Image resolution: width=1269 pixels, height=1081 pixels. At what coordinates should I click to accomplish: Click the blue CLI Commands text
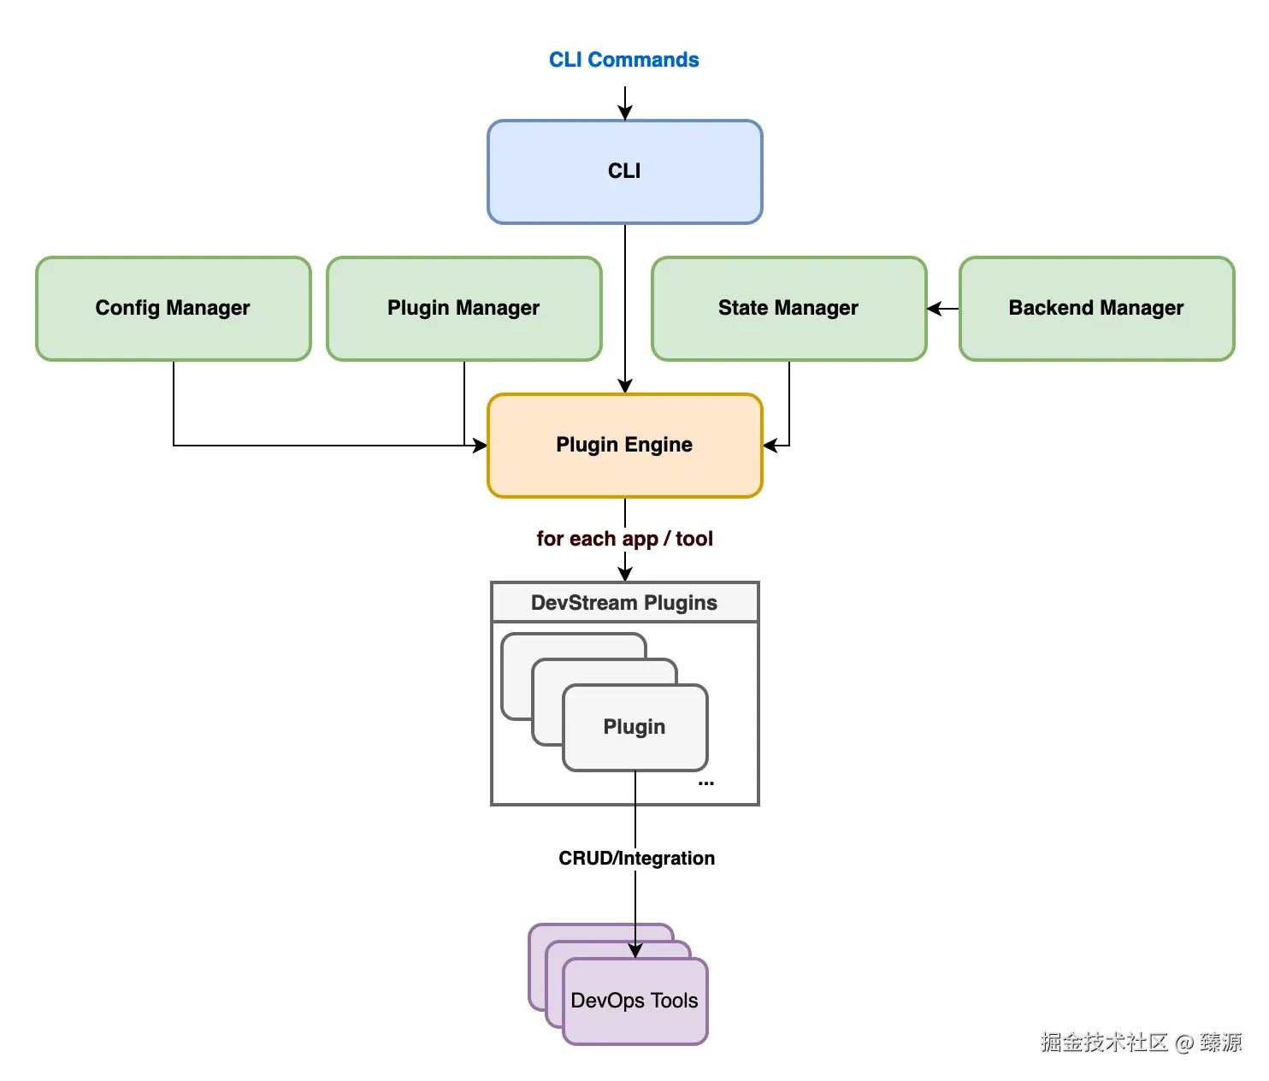(623, 60)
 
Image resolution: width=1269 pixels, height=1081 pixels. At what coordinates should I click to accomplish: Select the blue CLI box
(624, 172)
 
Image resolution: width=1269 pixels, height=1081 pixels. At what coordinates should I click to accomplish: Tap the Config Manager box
(173, 308)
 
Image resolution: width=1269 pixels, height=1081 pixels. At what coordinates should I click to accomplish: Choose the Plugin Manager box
(463, 308)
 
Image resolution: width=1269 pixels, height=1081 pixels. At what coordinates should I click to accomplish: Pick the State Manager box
(788, 308)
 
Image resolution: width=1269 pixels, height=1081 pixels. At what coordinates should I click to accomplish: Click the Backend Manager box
(1096, 308)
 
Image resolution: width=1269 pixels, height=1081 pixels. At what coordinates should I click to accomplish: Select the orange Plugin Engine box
(624, 445)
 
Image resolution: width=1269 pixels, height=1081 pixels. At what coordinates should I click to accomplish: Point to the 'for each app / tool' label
(624, 539)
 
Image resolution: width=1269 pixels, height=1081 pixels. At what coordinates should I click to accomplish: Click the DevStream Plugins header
(624, 603)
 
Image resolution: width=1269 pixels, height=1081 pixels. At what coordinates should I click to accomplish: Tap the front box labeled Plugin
(634, 727)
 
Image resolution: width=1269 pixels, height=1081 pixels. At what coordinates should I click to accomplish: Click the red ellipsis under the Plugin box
(705, 783)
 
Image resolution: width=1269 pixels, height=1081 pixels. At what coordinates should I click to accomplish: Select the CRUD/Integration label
(636, 858)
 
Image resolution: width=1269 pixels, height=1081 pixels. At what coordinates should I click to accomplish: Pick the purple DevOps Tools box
(634, 1001)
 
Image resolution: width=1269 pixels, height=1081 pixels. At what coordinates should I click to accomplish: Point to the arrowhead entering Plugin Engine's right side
(770, 446)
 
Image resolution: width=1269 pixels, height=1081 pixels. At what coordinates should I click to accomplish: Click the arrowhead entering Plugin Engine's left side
(480, 446)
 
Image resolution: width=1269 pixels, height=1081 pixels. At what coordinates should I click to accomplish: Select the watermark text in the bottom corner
(1141, 1042)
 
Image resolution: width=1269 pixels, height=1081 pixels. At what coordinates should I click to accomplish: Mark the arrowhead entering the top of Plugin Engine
(625, 387)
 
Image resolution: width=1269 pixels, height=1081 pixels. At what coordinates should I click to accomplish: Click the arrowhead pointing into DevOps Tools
(635, 951)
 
